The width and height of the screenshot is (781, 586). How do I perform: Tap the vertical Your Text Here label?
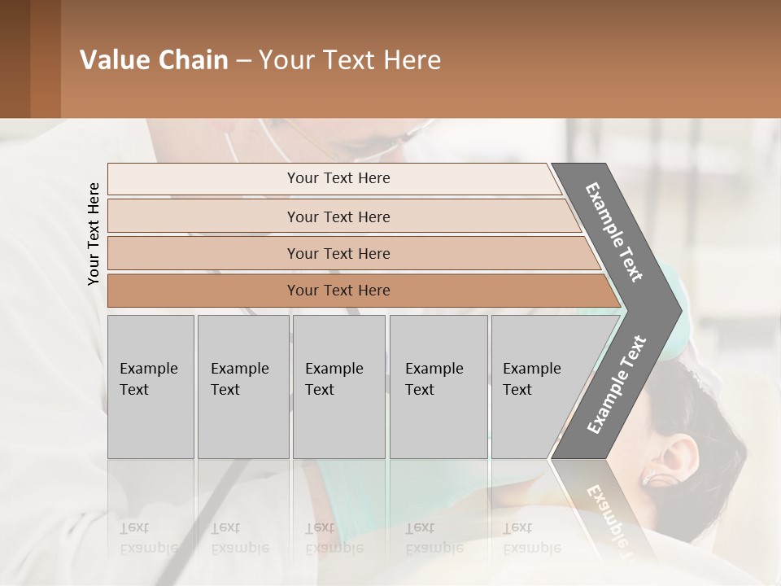(x=94, y=234)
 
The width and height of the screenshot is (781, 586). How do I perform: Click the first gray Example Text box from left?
(x=151, y=387)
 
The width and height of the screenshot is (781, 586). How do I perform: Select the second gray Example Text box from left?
(x=243, y=387)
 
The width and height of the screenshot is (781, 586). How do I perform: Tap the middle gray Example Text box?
(x=338, y=387)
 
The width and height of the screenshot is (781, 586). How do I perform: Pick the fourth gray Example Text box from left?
(x=438, y=387)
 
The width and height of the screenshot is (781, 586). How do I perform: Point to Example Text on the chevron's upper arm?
(x=614, y=232)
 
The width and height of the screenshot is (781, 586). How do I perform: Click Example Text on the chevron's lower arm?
(x=617, y=385)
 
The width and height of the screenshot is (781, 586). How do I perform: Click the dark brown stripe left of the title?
(x=15, y=59)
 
